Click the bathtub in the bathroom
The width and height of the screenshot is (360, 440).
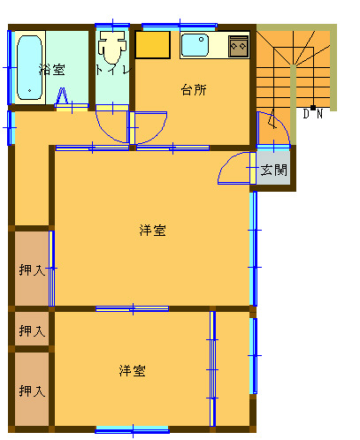point(29,68)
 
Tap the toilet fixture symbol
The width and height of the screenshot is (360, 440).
point(112,47)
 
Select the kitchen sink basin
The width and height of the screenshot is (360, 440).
point(195,45)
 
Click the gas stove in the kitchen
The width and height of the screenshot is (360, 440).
point(238,46)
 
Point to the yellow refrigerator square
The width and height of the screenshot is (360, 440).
point(153,45)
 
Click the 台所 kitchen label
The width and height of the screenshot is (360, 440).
point(194,90)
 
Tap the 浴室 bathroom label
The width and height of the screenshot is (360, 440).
point(52,70)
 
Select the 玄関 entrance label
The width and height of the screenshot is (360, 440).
point(273,170)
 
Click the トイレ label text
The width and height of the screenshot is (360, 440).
point(113,70)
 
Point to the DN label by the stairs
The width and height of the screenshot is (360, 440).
point(313,113)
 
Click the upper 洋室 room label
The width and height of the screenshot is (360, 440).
point(153,231)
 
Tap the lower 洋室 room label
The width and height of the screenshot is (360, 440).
point(133,371)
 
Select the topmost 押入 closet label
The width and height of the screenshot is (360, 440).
point(32,270)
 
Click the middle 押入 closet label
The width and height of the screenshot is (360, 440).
point(32,331)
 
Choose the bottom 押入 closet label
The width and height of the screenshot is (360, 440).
point(32,391)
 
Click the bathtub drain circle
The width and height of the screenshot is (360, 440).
point(29,90)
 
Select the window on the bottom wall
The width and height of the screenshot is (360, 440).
point(133,429)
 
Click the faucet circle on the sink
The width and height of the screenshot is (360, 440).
point(201,39)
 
